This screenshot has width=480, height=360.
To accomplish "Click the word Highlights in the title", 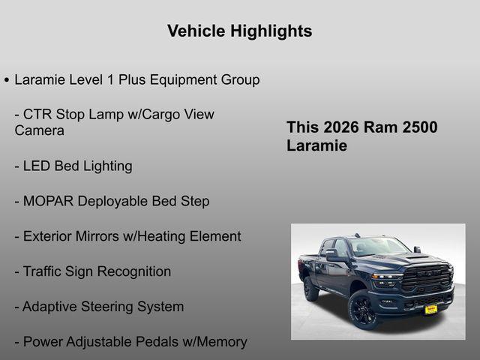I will tap(271, 31).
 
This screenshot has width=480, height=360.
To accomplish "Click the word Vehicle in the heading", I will tap(196, 31).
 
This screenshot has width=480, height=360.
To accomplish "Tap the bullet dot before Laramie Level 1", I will tap(7, 79).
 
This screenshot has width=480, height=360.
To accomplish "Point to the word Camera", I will tap(39, 130).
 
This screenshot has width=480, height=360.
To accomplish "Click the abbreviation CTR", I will tap(37, 115).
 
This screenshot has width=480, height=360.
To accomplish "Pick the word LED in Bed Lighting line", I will tap(37, 166).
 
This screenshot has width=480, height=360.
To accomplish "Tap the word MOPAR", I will tap(49, 201).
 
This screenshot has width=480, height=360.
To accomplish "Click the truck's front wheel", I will tap(363, 310).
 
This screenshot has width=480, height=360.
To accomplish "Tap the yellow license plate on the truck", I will tap(430, 308).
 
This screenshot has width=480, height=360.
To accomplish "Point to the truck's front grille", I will tap(426, 279).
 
